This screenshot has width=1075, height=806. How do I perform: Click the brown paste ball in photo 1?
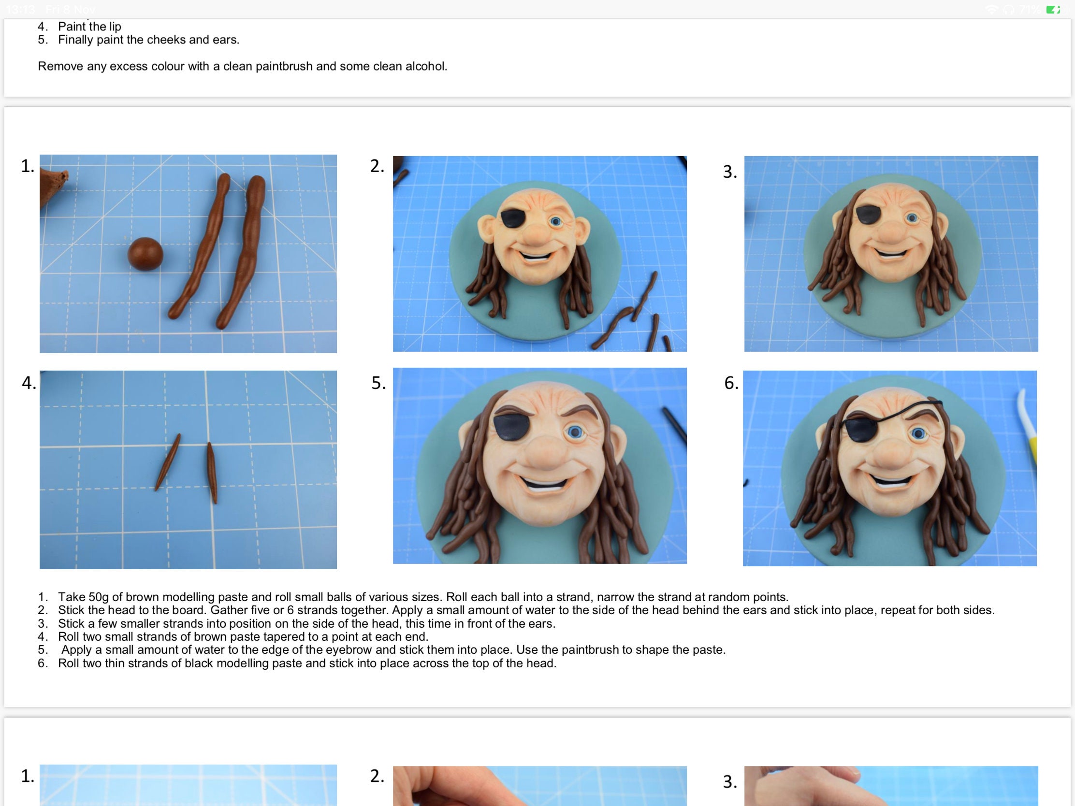tap(145, 254)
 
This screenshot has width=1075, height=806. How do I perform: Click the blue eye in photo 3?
tap(912, 218)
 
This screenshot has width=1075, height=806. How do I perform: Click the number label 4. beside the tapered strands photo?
tap(29, 383)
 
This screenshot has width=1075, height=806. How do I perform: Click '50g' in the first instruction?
tap(99, 597)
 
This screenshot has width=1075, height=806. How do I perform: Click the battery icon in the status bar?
tap(1053, 9)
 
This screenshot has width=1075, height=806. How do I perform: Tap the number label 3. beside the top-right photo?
tap(729, 172)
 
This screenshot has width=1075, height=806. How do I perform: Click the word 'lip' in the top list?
tap(115, 27)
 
